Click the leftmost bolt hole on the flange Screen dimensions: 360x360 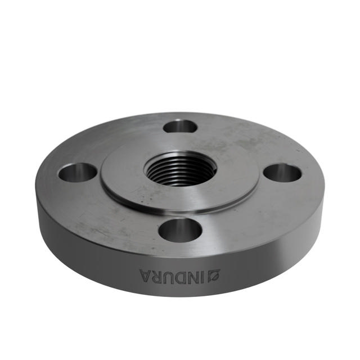[78, 172]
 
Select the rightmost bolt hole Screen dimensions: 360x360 [282, 173]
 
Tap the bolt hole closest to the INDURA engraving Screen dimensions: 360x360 [180, 229]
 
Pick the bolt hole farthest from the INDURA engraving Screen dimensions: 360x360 [180, 127]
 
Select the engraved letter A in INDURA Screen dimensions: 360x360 [146, 275]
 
